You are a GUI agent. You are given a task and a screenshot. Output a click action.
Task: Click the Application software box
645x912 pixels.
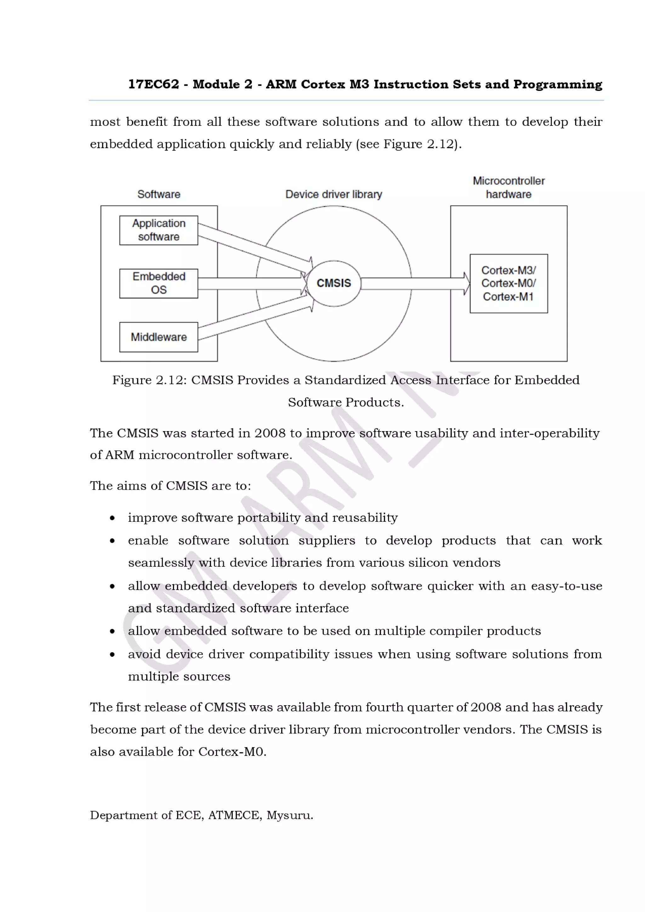pos(158,230)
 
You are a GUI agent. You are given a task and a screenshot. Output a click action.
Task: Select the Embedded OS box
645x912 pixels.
pos(158,283)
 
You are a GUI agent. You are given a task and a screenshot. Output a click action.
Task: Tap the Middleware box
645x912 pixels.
pos(158,337)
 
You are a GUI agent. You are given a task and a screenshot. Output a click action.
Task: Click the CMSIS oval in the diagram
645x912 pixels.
pos(334,283)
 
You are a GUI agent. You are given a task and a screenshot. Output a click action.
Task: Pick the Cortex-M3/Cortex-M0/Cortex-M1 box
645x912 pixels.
pos(508,283)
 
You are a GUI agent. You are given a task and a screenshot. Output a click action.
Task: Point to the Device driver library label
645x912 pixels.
pos(334,194)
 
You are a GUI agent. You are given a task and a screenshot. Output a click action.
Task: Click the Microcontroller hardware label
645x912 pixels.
pos(508,188)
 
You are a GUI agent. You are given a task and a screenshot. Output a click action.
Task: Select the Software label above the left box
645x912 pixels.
pos(158,194)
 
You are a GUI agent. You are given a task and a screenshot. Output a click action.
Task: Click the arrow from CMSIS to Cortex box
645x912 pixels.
pos(413,284)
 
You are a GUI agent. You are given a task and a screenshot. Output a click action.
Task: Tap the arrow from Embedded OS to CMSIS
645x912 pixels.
pos(250,284)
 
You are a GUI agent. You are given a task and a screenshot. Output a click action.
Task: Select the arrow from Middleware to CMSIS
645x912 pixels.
pos(254,318)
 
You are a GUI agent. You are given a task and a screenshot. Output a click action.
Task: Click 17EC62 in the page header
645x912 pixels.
pos(153,84)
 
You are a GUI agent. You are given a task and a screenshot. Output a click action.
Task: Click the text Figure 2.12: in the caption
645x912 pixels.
pos(149,380)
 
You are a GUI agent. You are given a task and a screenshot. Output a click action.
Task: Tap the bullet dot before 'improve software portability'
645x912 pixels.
pos(112,518)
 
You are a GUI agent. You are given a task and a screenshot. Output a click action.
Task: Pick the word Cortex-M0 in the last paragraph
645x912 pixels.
pos(232,752)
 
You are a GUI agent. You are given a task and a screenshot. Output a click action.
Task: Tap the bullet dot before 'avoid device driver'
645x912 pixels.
pos(112,655)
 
